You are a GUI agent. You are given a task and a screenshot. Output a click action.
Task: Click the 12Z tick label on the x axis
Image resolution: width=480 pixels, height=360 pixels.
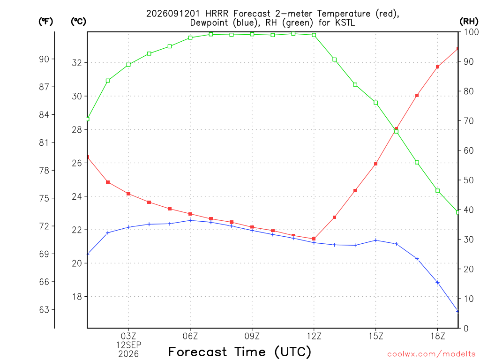[x=314, y=336]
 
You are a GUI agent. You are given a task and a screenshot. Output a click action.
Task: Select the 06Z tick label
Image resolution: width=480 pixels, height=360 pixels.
[x=190, y=336]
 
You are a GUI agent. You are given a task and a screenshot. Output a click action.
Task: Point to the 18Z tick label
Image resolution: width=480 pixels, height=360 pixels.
[x=438, y=336]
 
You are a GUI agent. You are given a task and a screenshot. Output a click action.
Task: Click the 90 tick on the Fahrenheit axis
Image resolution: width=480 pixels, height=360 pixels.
[x=44, y=59]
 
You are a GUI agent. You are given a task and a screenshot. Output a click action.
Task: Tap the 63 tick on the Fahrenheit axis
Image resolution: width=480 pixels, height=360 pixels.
[x=44, y=310]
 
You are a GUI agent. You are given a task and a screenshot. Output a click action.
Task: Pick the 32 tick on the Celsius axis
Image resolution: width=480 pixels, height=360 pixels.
[x=77, y=63]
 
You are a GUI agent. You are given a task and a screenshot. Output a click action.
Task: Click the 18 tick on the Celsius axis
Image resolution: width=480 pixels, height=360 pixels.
[x=77, y=297]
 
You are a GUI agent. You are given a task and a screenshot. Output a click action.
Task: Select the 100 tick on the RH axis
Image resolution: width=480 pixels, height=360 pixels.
[x=471, y=32]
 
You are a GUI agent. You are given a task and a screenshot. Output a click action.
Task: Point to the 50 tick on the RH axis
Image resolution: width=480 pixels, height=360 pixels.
[x=469, y=180]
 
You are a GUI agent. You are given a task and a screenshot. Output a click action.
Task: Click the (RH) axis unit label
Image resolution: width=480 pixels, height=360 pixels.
[x=469, y=21]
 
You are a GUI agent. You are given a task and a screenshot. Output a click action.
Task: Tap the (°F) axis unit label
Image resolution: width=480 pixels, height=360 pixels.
[x=45, y=22]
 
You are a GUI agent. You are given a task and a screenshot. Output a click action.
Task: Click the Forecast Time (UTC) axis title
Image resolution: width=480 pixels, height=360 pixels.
[x=240, y=352]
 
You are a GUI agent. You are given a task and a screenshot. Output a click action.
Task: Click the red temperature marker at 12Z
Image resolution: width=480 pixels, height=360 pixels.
[x=314, y=239]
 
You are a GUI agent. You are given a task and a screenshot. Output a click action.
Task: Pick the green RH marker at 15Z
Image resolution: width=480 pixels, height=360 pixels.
[x=375, y=103]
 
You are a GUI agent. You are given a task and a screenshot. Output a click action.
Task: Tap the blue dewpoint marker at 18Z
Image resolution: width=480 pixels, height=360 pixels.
[x=437, y=283]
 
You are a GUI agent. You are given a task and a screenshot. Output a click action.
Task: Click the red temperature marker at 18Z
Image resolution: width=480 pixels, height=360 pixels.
[x=437, y=67]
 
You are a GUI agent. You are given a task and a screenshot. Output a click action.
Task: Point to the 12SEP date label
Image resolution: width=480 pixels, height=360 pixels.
[x=128, y=345]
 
